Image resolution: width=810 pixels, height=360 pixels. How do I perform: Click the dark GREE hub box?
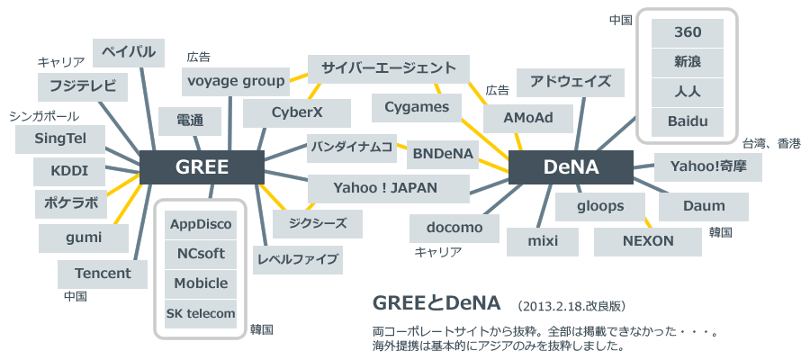[x=202, y=167]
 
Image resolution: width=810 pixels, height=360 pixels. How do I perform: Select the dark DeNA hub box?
[x=571, y=167]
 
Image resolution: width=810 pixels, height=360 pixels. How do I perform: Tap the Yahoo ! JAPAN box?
[x=389, y=188]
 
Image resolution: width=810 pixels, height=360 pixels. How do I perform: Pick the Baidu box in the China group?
[x=688, y=121]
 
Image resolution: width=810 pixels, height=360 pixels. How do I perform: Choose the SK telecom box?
[x=201, y=313]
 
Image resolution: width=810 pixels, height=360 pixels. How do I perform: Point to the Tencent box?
[x=103, y=273]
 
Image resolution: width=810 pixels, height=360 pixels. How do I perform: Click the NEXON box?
[x=648, y=241]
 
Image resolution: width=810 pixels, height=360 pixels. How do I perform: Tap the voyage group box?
[x=236, y=81]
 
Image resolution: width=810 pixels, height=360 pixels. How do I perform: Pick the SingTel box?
[x=61, y=139]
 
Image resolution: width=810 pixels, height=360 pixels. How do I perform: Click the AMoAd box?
[x=527, y=117]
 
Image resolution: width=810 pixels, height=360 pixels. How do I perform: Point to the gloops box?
[x=601, y=206]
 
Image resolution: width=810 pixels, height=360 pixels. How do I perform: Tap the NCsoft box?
[x=201, y=254]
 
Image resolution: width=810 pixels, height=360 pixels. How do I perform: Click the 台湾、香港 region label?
[x=771, y=143]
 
